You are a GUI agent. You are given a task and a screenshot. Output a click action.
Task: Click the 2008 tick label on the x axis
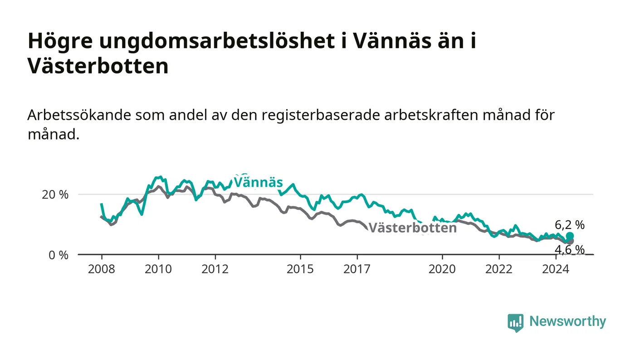102,269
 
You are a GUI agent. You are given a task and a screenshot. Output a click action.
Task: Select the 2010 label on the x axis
158,269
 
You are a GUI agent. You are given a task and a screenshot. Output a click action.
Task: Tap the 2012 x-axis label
215,269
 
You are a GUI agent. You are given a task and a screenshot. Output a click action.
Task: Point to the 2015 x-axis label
300,269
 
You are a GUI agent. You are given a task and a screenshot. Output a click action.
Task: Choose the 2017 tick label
357,269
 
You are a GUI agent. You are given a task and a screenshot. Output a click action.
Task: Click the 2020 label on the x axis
442,269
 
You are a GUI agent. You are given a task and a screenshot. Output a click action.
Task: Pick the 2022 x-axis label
499,269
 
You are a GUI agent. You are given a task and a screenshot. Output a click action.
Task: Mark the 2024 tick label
556,269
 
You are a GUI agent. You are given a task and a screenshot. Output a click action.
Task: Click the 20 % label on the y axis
55,195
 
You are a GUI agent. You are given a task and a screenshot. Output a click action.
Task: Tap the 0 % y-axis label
59,255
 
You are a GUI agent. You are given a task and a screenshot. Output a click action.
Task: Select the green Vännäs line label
258,182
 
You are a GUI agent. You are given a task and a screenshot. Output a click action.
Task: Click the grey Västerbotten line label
412,228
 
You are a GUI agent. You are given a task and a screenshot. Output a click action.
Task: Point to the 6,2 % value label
570,225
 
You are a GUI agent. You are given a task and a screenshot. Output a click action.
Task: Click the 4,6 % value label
570,250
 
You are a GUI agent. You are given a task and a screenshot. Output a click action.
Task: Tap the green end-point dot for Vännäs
570,236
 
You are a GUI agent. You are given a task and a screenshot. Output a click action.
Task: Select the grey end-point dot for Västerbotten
571,241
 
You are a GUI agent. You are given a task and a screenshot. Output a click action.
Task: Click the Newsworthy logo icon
515,322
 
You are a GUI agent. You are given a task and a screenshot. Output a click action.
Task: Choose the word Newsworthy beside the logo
567,321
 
